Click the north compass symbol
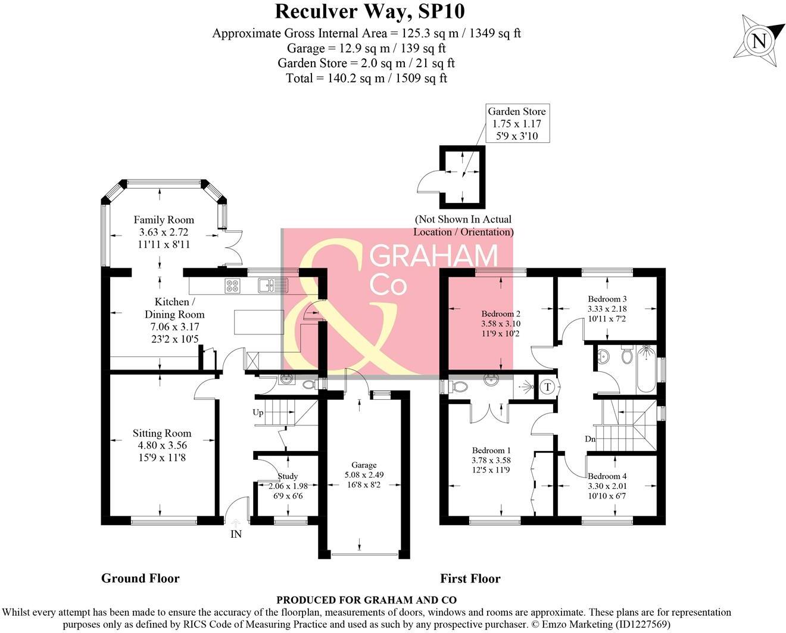point(759,41)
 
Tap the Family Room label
point(164,220)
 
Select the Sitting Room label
point(162,433)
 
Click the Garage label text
point(364,465)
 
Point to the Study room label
point(288,476)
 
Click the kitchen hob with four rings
point(232,286)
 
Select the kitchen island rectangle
point(259,322)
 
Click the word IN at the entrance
point(236,534)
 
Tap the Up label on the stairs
point(258,412)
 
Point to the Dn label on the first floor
point(590,439)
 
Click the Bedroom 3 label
point(607,299)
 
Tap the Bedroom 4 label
point(607,476)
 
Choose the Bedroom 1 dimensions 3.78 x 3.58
point(491,460)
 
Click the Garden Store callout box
point(516,124)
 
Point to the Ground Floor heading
point(140,578)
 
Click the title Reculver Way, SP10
point(369,11)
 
